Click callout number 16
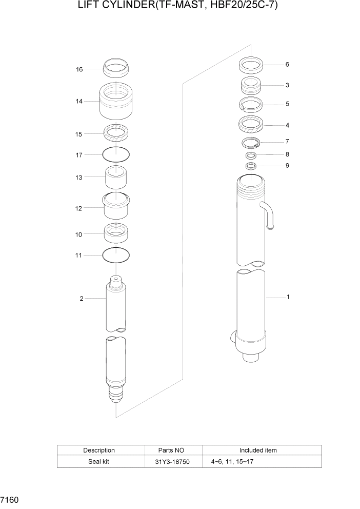point(79,69)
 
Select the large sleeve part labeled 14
point(116,101)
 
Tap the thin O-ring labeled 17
point(116,153)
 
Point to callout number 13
point(79,177)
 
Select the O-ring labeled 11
point(116,254)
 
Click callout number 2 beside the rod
point(81,299)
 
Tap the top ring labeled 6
point(251,65)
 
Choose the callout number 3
point(287,85)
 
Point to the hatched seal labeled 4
point(251,124)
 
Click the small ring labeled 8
point(251,155)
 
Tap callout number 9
point(287,166)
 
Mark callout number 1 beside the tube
point(288,297)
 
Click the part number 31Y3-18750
point(173,461)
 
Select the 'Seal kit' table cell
point(99,461)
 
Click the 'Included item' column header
point(258,450)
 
